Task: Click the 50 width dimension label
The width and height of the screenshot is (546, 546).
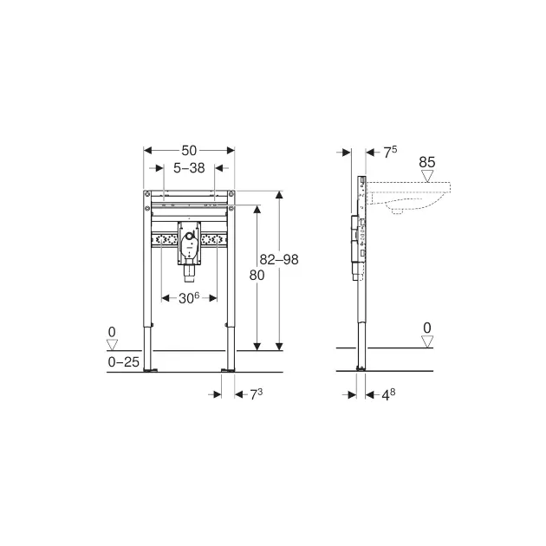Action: pyautogui.click(x=189, y=151)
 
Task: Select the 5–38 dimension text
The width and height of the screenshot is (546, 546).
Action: pyautogui.click(x=189, y=168)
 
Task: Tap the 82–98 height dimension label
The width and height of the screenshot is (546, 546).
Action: pyautogui.click(x=279, y=259)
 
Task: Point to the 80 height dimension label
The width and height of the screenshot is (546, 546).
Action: pyautogui.click(x=257, y=276)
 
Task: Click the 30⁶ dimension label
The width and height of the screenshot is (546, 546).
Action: pyautogui.click(x=189, y=298)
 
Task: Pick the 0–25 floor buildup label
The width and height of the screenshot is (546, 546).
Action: pyautogui.click(x=124, y=362)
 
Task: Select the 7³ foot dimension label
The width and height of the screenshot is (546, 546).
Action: pyautogui.click(x=257, y=394)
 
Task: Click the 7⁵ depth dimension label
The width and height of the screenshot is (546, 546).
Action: pyautogui.click(x=390, y=153)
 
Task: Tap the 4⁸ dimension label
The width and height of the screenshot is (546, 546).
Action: pyautogui.click(x=388, y=394)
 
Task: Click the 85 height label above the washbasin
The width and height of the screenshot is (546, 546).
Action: pyautogui.click(x=427, y=162)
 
